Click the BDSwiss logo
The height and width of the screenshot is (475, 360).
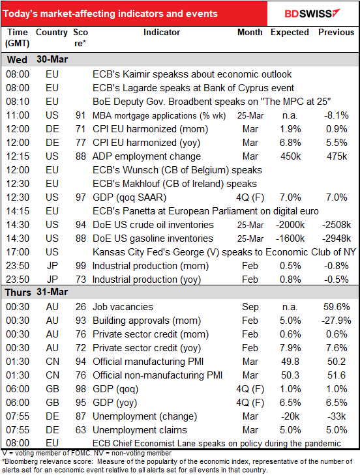(x=312, y=13)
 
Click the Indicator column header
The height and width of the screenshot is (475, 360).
(x=162, y=32)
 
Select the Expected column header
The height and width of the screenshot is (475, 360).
(x=290, y=32)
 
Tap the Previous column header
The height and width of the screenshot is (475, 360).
(x=336, y=32)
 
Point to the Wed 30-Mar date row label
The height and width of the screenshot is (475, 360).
(x=37, y=59)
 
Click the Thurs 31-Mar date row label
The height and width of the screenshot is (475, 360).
(x=36, y=292)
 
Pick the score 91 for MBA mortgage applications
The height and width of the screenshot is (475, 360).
(x=81, y=115)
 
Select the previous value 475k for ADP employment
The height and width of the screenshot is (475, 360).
(x=337, y=156)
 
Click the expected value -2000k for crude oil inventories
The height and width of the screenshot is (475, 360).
(x=290, y=225)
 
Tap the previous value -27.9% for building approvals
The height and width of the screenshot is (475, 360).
(x=336, y=321)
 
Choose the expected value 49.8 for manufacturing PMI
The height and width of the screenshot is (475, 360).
(x=290, y=362)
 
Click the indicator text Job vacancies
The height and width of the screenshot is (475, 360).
(x=123, y=307)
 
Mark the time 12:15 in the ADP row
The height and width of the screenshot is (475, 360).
(x=18, y=156)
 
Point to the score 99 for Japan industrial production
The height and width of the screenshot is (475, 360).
(x=81, y=266)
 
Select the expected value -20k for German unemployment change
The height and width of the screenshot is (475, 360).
(x=290, y=416)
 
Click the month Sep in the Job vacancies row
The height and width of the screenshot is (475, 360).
(x=250, y=307)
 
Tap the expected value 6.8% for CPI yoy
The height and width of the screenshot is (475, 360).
(x=290, y=143)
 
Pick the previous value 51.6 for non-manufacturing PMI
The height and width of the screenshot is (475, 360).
(x=337, y=375)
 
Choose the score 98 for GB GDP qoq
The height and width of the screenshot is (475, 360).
(x=81, y=388)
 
